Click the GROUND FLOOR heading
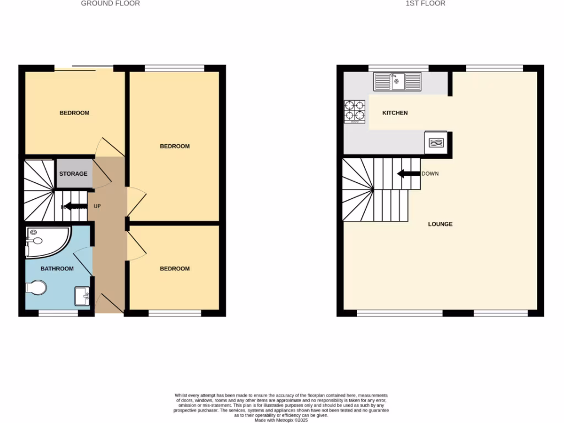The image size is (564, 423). click(110, 3)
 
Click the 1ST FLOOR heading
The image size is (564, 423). click(425, 3)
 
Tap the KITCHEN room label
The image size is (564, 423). click(395, 113)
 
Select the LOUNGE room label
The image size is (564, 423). click(440, 224)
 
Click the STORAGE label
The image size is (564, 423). click(73, 173)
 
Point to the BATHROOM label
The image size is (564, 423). click(57, 269)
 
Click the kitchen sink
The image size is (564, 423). click(397, 82)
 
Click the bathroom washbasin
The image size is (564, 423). click(83, 296)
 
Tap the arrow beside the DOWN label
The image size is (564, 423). click(408, 174)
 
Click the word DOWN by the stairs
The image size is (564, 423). click(430, 174)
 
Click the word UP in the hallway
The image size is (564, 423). click(97, 207)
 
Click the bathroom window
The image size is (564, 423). click(58, 313)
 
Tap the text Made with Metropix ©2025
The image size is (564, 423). click(281, 420)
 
